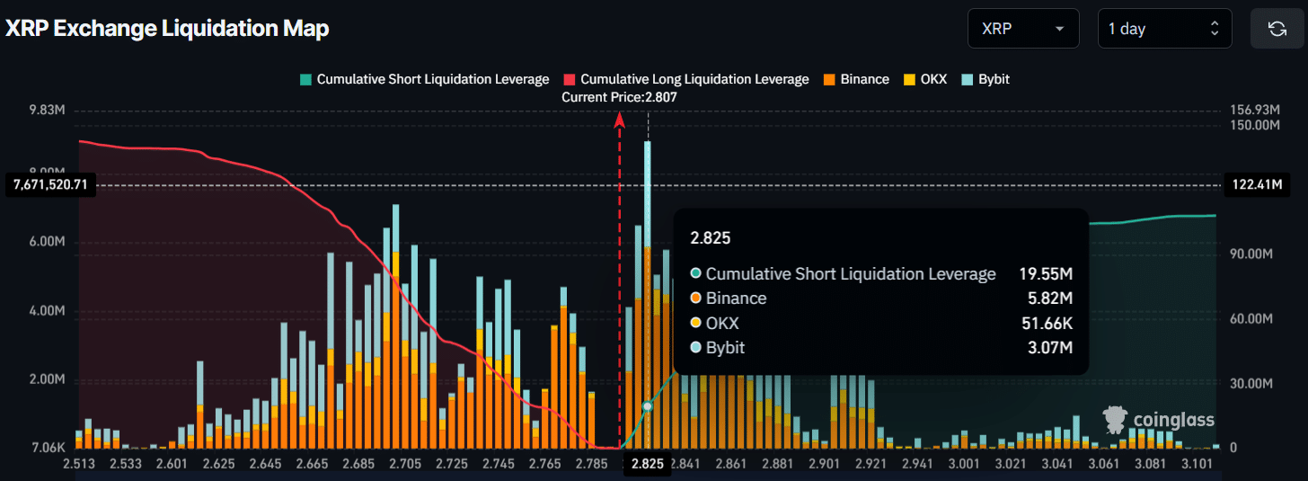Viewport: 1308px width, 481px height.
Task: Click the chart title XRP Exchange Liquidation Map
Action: click(x=168, y=29)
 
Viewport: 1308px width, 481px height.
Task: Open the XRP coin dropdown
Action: click(x=1022, y=29)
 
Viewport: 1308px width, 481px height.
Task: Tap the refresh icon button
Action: click(x=1277, y=29)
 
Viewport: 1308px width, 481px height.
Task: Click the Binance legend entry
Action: click(x=855, y=79)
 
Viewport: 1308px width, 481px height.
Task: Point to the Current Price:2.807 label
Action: click(x=619, y=97)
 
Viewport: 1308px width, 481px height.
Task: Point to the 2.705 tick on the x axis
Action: click(x=406, y=464)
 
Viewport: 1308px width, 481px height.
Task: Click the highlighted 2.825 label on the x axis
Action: click(x=648, y=464)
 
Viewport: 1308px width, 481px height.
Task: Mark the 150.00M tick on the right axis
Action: click(x=1254, y=125)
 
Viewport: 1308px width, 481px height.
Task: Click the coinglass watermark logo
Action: click(x=1159, y=420)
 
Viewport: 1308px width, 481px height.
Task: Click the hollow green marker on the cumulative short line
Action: click(x=647, y=406)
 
